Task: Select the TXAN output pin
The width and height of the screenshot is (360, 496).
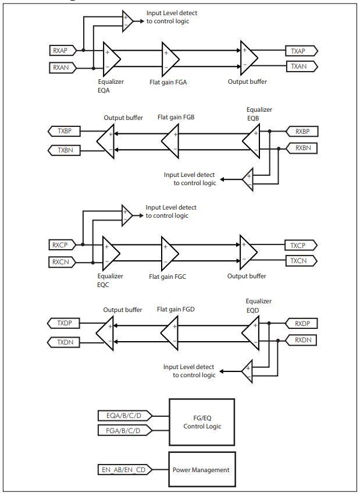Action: tap(300, 66)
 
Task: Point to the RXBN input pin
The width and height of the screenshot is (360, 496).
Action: tap(301, 148)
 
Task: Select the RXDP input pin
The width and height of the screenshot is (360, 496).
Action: tap(301, 323)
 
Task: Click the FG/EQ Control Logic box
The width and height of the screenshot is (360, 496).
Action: tap(201, 422)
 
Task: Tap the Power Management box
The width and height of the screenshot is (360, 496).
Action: tap(201, 469)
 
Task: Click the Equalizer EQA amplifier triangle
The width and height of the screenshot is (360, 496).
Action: tap(110, 58)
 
